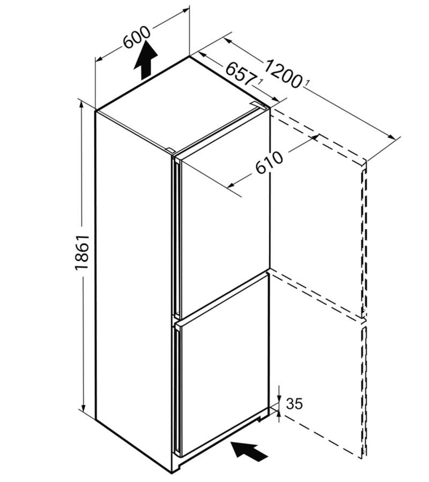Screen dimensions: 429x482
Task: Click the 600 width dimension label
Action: coord(137,37)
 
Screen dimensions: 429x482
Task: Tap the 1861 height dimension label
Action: coord(82,253)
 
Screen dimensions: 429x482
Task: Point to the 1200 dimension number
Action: coord(283,73)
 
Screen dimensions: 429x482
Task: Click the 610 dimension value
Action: coord(269,162)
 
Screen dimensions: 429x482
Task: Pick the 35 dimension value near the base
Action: coord(294,404)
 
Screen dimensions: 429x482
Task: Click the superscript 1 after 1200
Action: coord(307,82)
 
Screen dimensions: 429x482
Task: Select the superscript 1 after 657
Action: coord(261,82)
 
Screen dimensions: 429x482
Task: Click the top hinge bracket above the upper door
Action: coord(258,105)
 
